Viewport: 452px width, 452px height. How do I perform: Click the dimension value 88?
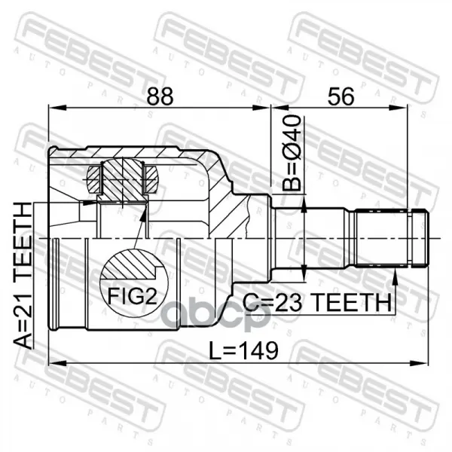click(x=160, y=96)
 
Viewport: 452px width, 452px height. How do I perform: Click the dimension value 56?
click(x=341, y=96)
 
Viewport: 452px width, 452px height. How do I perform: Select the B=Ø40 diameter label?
click(x=292, y=153)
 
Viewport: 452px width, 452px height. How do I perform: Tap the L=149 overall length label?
click(x=243, y=350)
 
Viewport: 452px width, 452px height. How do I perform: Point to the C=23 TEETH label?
click(x=317, y=302)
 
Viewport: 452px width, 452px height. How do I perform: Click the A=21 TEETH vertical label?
click(x=23, y=276)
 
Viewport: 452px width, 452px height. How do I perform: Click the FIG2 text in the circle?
click(x=133, y=297)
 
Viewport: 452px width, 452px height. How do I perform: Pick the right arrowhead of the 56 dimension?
click(x=399, y=108)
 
